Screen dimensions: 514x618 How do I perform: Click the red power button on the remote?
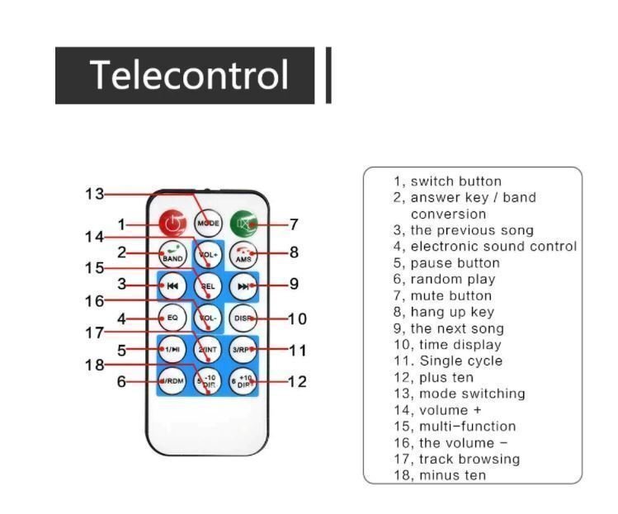tap(172, 223)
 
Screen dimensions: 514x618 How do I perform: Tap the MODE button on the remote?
tap(207, 223)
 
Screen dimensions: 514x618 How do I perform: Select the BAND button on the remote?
tap(172, 255)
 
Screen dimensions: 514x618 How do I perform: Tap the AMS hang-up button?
tap(243, 255)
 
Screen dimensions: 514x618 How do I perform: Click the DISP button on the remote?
tap(243, 318)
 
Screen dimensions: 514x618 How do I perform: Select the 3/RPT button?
tap(243, 350)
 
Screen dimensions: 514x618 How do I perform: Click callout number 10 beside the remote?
tap(297, 318)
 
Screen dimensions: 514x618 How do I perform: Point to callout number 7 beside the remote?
tap(294, 224)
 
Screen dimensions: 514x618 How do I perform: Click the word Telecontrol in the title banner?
tap(189, 75)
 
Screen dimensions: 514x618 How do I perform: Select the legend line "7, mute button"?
tap(442, 295)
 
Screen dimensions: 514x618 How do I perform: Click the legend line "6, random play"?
tap(444, 279)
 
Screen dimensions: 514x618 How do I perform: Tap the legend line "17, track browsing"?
tap(456, 459)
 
